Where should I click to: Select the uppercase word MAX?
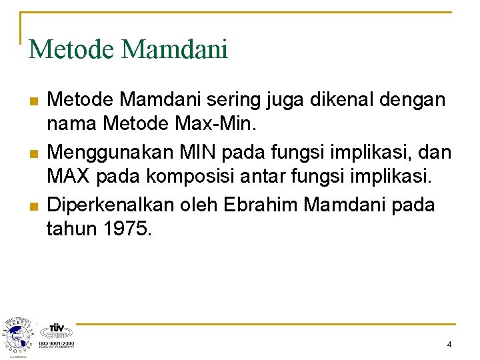70,177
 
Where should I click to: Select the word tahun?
72,229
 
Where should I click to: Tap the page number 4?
449,345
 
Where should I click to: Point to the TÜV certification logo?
56,333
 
